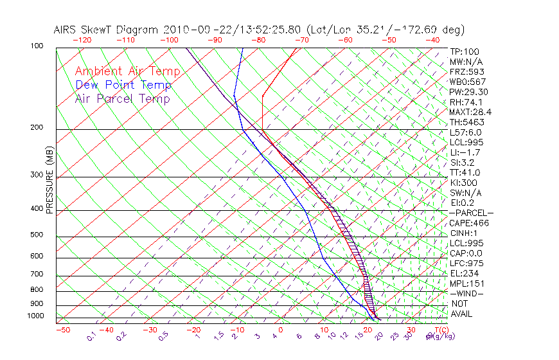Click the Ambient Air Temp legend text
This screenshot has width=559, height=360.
[x=127, y=71]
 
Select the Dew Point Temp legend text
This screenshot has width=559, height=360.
[x=123, y=85]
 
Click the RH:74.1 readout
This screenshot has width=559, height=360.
[x=466, y=102]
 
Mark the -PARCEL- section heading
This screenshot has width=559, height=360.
[x=471, y=213]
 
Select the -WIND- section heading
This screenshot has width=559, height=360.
[x=467, y=293]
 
